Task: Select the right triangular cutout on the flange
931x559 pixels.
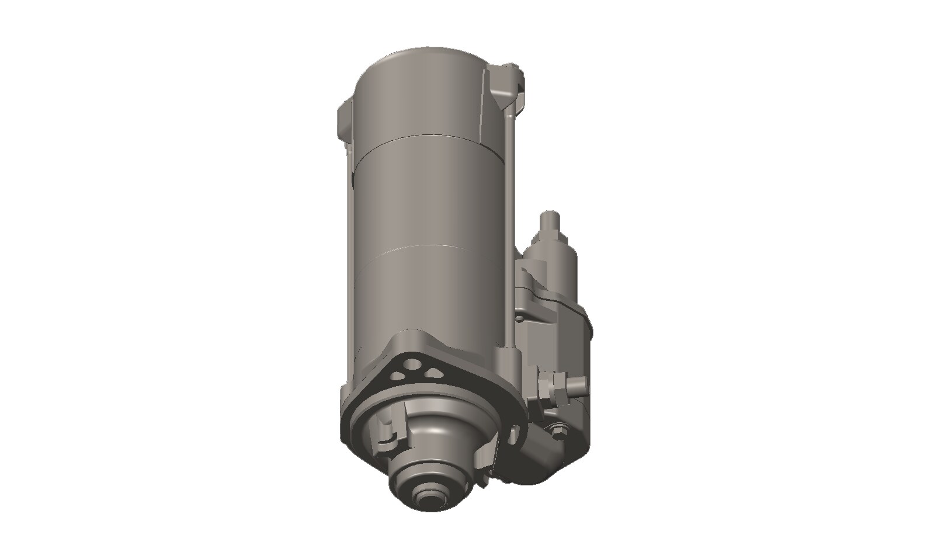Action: (433, 373)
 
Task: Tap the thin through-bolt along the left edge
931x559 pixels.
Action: (349, 234)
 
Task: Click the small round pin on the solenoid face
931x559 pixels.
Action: (518, 319)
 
